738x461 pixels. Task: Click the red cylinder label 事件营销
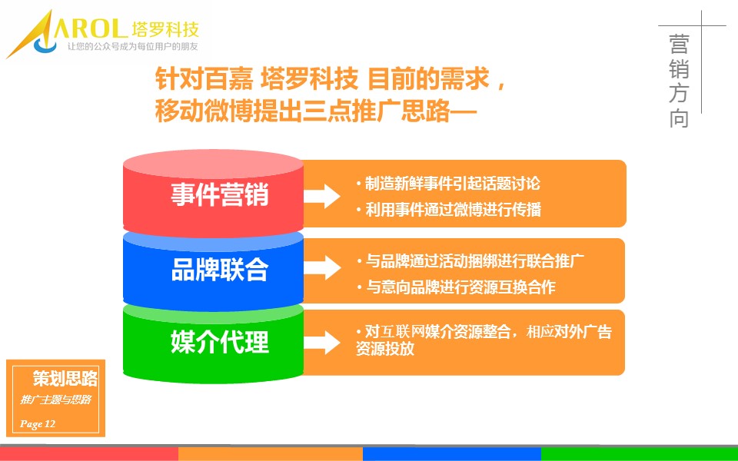(x=219, y=194)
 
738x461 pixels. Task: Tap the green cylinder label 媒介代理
(x=219, y=342)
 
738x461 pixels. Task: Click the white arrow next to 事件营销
(x=322, y=196)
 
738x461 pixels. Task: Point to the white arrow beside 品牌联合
(x=322, y=267)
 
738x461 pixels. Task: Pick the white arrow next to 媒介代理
(x=322, y=343)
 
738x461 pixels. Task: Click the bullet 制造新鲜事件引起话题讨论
(x=448, y=184)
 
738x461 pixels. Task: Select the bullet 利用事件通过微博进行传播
(x=448, y=209)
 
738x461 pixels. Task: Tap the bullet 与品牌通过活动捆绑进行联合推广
(x=470, y=260)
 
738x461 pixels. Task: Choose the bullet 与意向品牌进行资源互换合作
(x=456, y=287)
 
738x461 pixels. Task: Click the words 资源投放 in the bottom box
(x=385, y=349)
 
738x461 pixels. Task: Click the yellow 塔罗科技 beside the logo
(x=165, y=29)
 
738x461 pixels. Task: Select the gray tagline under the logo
(x=132, y=47)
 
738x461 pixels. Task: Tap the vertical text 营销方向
(x=679, y=81)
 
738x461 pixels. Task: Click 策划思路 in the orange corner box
(x=65, y=378)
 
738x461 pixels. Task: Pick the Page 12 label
(x=38, y=424)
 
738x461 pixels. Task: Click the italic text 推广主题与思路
(x=55, y=400)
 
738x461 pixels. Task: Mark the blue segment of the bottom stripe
(x=451, y=454)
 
